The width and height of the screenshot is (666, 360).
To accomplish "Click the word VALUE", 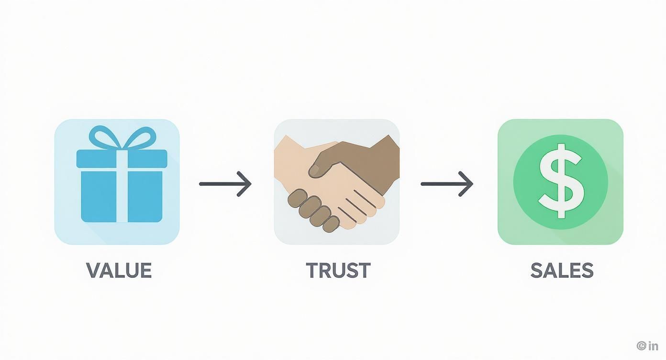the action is [x=119, y=270].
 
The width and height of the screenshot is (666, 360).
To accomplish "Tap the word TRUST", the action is [x=338, y=270].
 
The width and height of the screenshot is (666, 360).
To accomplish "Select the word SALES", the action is [x=562, y=270].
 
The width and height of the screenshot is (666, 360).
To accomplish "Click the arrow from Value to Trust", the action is [x=225, y=184].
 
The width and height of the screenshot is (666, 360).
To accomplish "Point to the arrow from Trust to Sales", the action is [x=447, y=184].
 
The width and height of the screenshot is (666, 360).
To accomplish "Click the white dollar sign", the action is [x=561, y=181].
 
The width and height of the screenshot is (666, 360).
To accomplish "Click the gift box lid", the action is [x=122, y=159].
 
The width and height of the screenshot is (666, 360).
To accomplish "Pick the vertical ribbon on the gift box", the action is [x=122, y=186].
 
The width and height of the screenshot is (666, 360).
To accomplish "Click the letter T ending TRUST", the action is [x=363, y=270].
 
